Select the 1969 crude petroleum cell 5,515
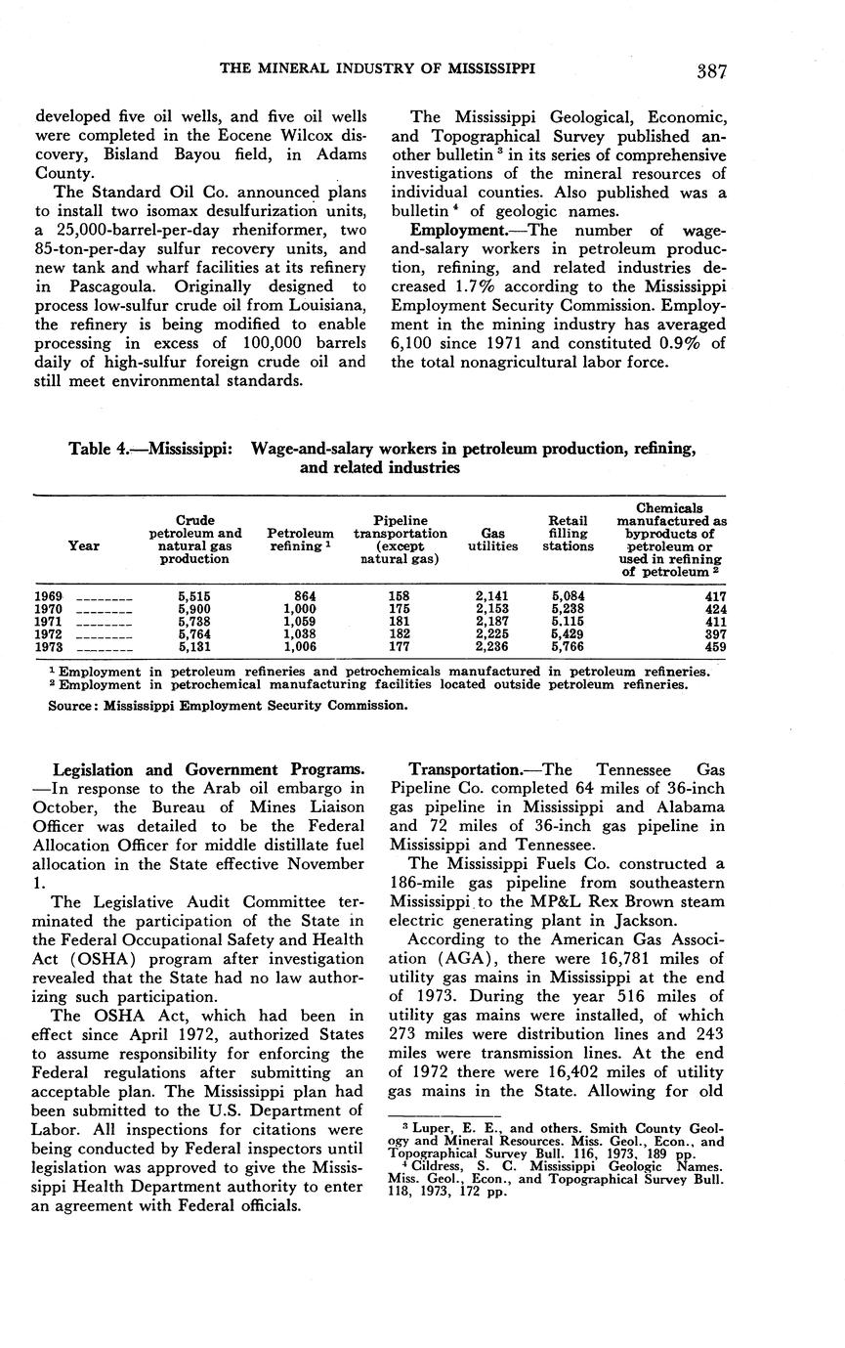pos(194,595)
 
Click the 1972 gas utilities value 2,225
pos(492,633)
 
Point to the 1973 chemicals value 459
pos(715,646)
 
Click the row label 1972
pos(49,633)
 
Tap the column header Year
pos(83,546)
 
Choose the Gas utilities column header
pos(492,541)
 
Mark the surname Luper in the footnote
pos(420,1127)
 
